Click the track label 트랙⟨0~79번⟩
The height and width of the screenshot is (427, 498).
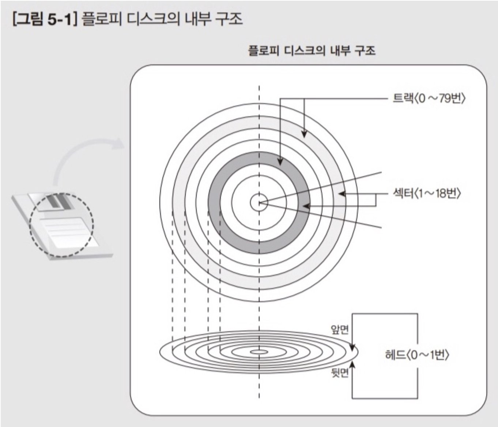point(429,98)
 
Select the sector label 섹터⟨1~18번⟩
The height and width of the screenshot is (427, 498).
point(426,193)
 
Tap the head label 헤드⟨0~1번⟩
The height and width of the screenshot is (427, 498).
point(417,355)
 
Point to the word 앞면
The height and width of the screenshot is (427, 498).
point(340,329)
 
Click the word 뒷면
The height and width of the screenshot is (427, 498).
point(340,373)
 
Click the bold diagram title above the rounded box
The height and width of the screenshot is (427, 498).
point(312,50)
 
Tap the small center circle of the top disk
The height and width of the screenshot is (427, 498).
point(259,202)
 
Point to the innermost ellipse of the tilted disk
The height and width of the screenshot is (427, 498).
point(259,352)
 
